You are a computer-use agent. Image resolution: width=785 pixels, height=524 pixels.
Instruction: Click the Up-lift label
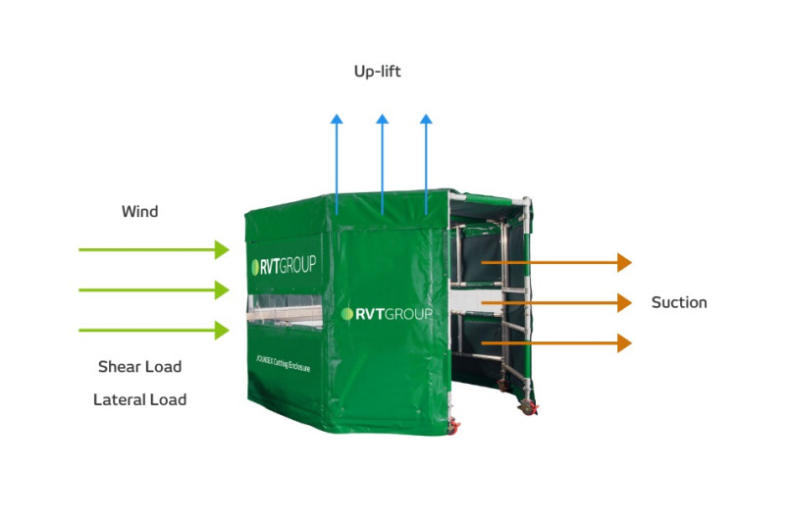pyautogui.click(x=377, y=72)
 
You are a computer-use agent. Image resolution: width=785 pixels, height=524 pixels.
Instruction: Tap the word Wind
pyautogui.click(x=139, y=212)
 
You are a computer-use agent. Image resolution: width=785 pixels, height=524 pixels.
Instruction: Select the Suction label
pyautogui.click(x=679, y=302)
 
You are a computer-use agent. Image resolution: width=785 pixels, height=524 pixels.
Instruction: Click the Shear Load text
pyautogui.click(x=139, y=367)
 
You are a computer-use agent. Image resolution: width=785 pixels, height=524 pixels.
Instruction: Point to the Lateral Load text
pyautogui.click(x=139, y=399)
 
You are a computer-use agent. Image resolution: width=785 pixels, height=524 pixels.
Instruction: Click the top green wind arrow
pyautogui.click(x=153, y=250)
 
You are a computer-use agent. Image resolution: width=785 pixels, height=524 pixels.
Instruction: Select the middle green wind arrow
pyautogui.click(x=153, y=290)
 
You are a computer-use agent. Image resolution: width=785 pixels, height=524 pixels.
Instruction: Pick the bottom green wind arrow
pyautogui.click(x=153, y=331)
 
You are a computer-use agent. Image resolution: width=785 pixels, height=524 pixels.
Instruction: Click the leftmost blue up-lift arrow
pyautogui.click(x=337, y=162)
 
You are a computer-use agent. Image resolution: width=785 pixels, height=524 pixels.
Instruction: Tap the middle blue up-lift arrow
pyautogui.click(x=382, y=162)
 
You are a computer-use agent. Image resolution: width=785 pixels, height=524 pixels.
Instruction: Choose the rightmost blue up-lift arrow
pyautogui.click(x=426, y=162)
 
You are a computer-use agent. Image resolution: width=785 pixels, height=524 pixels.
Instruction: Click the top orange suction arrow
pyautogui.click(x=555, y=262)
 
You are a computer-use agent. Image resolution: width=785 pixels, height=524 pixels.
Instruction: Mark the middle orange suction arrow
pyautogui.click(x=555, y=303)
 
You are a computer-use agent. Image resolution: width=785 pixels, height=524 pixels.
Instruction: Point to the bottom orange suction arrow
pyautogui.click(x=555, y=343)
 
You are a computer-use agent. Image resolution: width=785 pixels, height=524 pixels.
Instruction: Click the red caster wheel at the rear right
pyautogui.click(x=531, y=407)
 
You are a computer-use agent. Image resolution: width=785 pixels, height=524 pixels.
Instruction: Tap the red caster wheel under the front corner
pyautogui.click(x=454, y=427)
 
